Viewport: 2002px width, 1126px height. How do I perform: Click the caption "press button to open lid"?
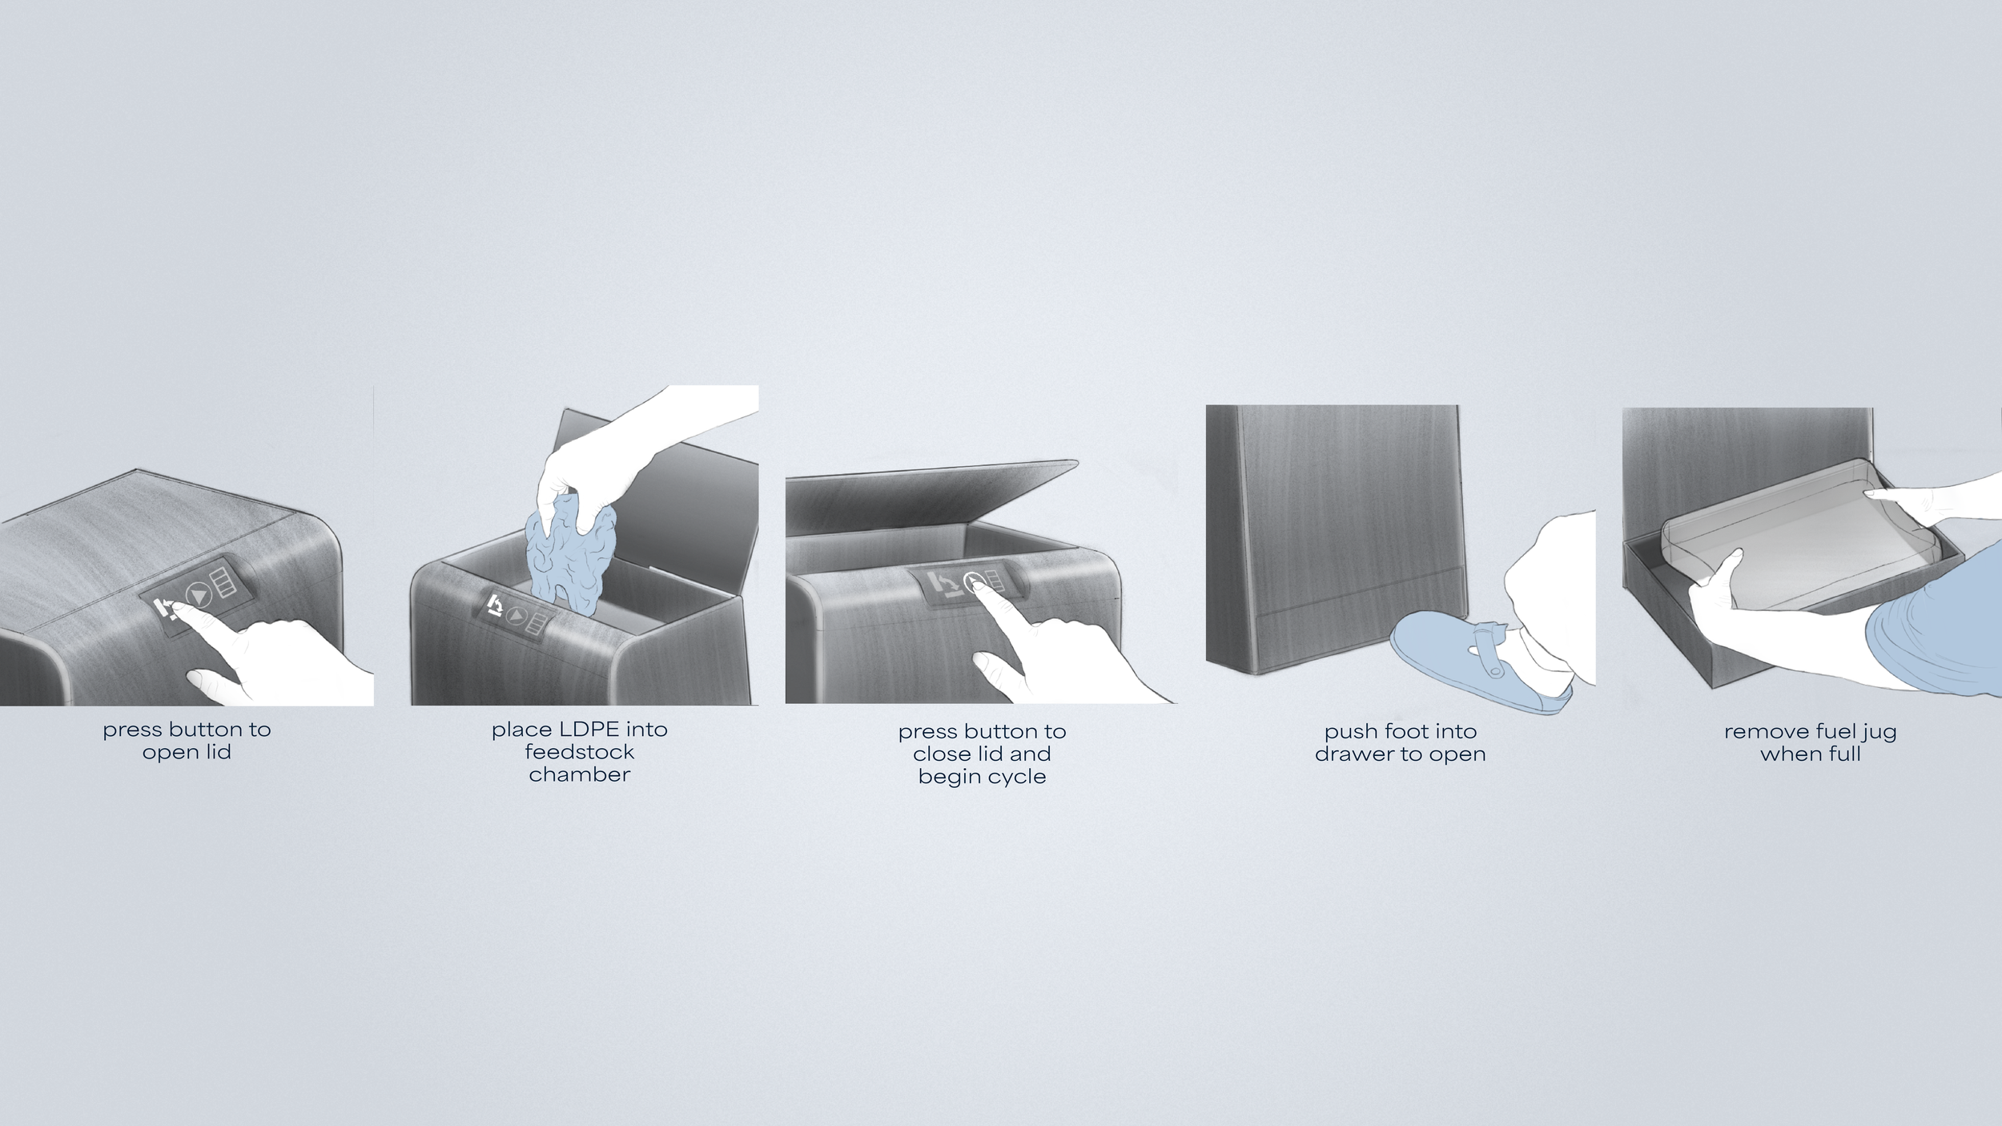click(x=187, y=741)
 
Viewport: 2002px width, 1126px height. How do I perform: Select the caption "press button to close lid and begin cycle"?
click(x=982, y=754)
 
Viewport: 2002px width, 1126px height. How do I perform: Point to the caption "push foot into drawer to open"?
click(x=1400, y=742)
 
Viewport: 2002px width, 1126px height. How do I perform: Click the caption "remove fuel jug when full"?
click(x=1810, y=742)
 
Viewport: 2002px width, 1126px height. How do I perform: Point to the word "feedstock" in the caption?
click(x=580, y=752)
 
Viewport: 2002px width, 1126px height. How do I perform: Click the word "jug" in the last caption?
click(x=1879, y=733)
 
